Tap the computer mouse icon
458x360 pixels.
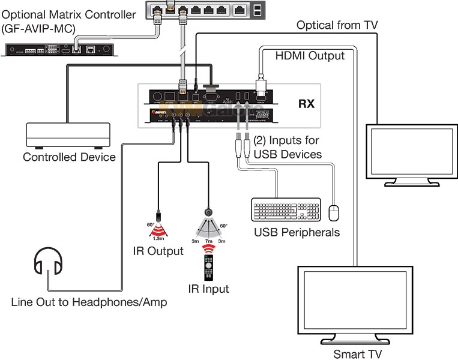(x=334, y=212)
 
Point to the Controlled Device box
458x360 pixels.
(x=68, y=136)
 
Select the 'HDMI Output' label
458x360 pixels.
(x=310, y=56)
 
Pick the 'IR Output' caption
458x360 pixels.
(x=158, y=251)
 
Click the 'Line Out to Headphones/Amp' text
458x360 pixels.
(x=89, y=302)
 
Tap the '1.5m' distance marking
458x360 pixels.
(x=157, y=239)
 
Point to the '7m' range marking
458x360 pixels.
(x=209, y=241)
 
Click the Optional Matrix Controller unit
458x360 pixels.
(x=58, y=49)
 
